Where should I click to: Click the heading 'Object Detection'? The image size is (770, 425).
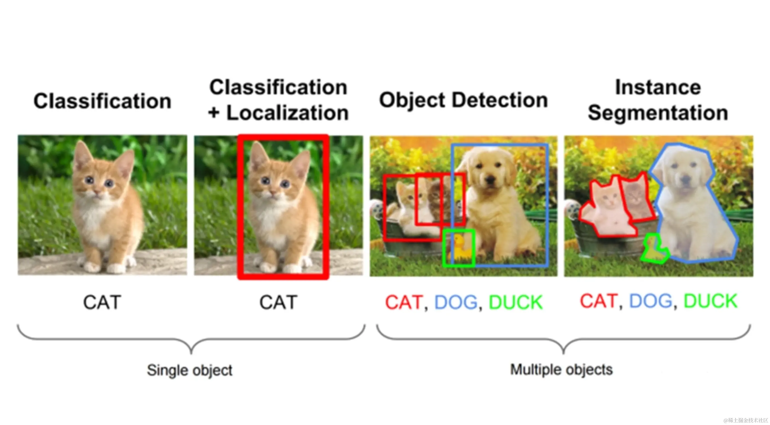[x=463, y=100]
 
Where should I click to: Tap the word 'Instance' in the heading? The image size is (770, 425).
[x=658, y=87]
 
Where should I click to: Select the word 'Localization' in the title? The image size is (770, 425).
[x=287, y=113]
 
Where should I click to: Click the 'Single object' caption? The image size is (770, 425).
[x=190, y=370]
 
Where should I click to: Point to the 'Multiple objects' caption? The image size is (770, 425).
[x=561, y=369]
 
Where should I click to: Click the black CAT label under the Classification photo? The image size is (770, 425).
[x=102, y=302]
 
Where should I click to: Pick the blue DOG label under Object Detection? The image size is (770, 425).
[x=455, y=302]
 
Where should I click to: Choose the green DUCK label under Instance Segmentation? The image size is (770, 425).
[x=710, y=301]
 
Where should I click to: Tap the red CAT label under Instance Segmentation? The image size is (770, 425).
[x=598, y=301]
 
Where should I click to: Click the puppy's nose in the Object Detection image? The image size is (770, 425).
[x=490, y=179]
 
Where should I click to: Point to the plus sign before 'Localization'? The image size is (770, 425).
[x=214, y=113]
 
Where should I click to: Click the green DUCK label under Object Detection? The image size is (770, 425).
[x=516, y=302]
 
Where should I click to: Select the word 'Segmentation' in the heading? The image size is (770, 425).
[x=658, y=113]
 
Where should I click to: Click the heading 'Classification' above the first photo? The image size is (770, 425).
[x=102, y=101]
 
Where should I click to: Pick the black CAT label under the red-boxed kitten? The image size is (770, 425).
[x=278, y=302]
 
